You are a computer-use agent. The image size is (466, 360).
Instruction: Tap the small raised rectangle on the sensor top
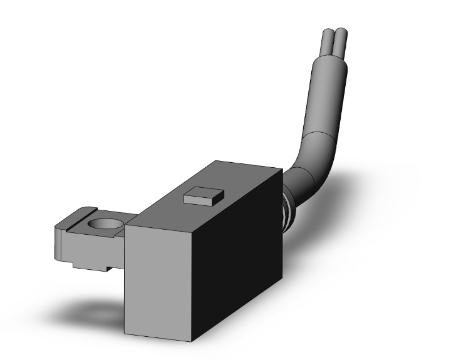click(202, 196)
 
